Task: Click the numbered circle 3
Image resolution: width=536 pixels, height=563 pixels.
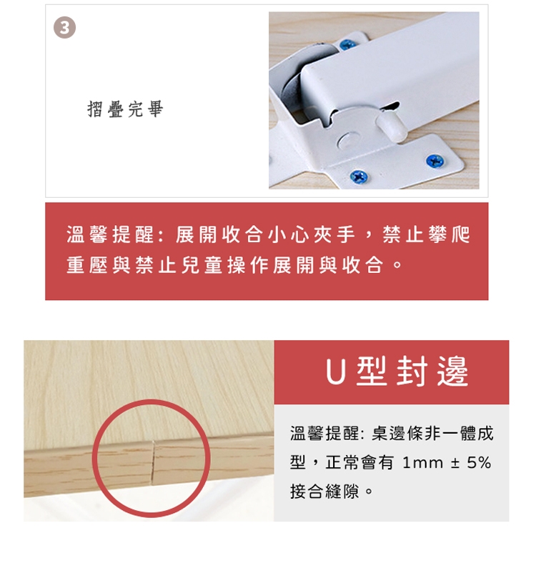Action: (x=64, y=27)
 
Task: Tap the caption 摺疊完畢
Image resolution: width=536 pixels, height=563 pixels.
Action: (x=125, y=109)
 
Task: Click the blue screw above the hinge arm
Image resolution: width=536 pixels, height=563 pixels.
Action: (x=347, y=44)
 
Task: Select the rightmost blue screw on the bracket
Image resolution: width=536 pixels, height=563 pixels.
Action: (x=435, y=161)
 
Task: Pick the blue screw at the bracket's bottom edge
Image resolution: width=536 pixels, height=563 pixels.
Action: (x=359, y=176)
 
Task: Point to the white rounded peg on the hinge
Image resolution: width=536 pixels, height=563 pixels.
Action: (x=392, y=126)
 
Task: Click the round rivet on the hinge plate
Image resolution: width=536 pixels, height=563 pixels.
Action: (x=349, y=140)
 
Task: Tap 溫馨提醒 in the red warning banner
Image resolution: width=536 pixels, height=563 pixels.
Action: (x=109, y=235)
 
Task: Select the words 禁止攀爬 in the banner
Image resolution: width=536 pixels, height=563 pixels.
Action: (x=426, y=235)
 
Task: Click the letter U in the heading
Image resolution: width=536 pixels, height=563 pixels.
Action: (x=335, y=372)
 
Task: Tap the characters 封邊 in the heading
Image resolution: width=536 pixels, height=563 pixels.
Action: (x=432, y=372)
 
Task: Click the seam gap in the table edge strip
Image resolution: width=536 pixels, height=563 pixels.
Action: (x=153, y=461)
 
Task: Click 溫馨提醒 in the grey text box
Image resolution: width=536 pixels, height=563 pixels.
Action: (x=324, y=433)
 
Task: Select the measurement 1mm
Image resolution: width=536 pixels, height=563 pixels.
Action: (x=422, y=462)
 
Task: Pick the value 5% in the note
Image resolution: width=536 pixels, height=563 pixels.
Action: (x=479, y=462)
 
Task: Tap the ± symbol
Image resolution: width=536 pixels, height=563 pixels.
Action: (x=455, y=463)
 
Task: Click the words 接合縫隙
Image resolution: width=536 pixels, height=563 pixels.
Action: (x=324, y=491)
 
